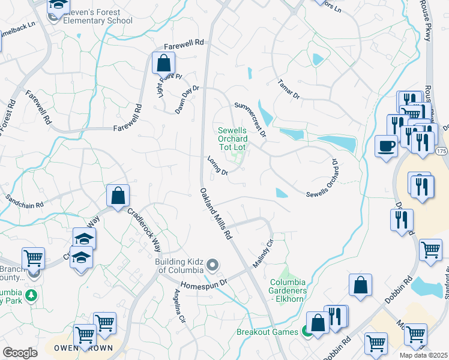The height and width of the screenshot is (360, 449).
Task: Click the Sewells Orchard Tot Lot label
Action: [232, 139]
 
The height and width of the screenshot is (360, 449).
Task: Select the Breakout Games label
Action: [267, 332]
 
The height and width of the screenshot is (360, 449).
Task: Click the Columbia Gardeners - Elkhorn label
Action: [288, 286]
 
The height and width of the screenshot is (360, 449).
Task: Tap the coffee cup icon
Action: [386, 145]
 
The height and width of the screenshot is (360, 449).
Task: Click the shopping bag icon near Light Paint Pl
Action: [163, 62]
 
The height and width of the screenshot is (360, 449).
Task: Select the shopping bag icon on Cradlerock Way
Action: [118, 195]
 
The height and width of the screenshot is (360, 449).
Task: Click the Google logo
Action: [20, 353]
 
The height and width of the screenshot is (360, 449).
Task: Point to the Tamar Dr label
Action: [289, 89]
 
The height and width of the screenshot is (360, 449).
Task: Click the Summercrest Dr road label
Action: [250, 118]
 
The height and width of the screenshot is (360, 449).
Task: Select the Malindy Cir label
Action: [262, 253]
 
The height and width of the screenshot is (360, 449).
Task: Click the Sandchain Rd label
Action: [25, 200]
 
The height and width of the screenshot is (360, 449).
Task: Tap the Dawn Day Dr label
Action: [186, 95]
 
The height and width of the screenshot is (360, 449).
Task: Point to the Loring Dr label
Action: [217, 166]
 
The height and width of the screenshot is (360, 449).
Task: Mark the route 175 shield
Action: [441, 151]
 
